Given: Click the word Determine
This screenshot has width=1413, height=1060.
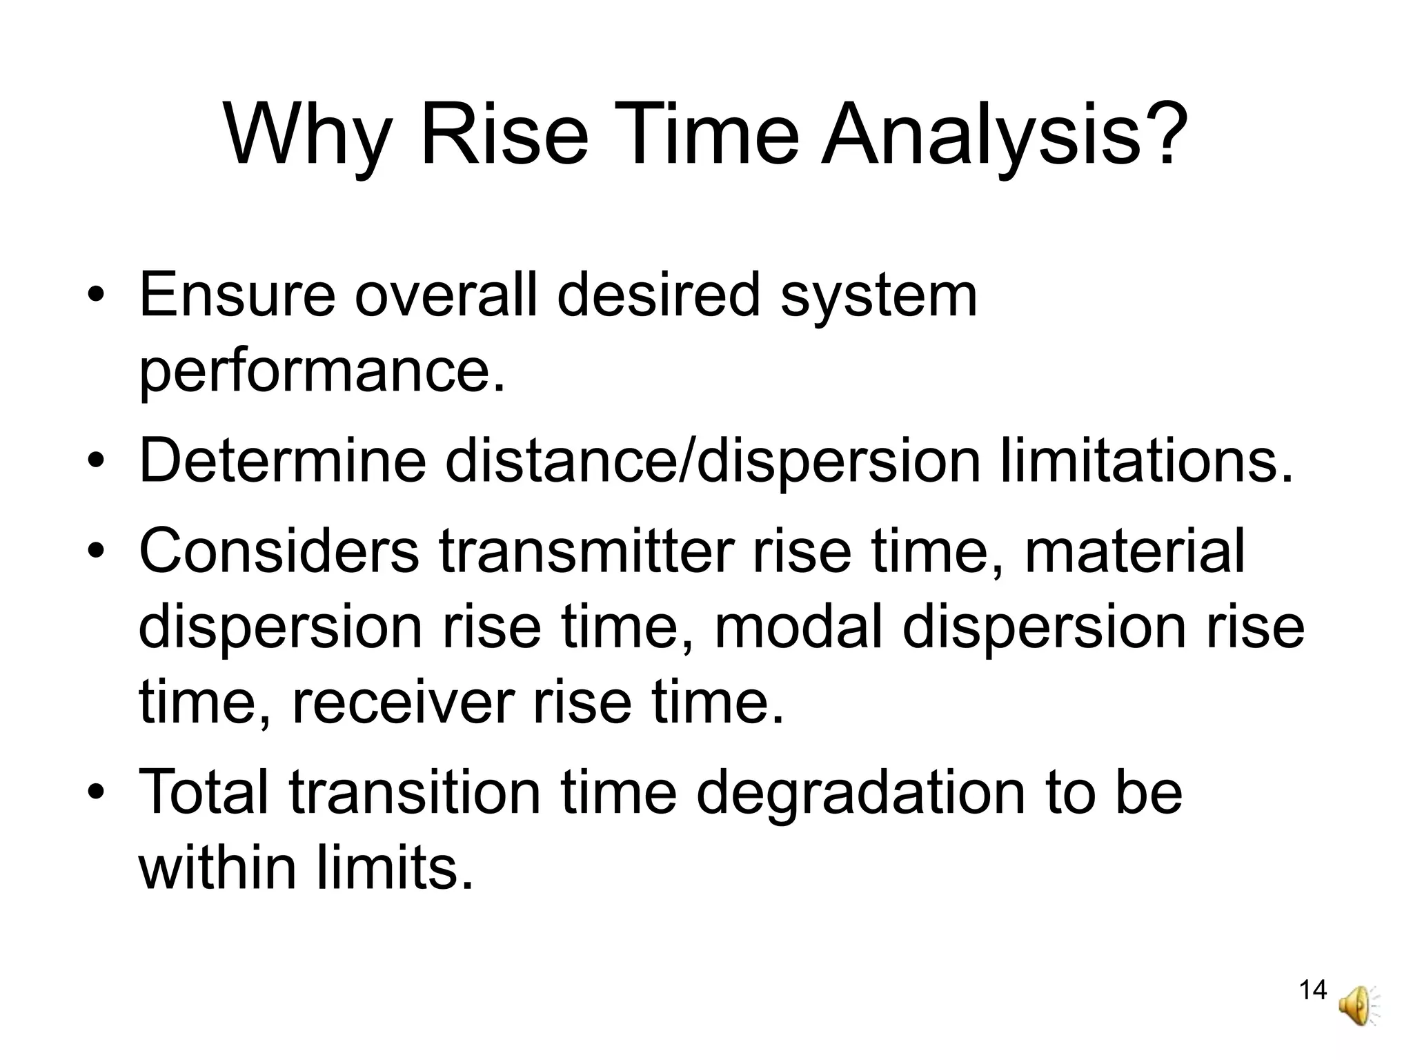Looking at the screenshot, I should (x=282, y=460).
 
